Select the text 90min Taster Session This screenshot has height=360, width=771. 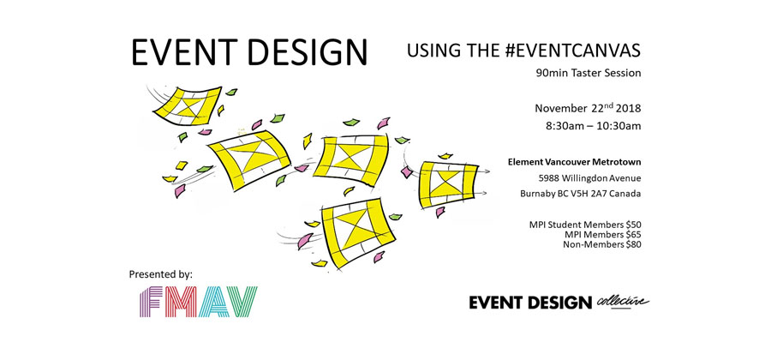point(588,74)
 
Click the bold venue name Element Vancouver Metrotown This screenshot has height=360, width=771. point(575,161)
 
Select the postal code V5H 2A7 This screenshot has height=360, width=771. point(595,194)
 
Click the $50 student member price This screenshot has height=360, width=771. point(630,224)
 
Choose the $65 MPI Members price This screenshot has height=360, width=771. point(630,234)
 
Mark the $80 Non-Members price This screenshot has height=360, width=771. point(630,244)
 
